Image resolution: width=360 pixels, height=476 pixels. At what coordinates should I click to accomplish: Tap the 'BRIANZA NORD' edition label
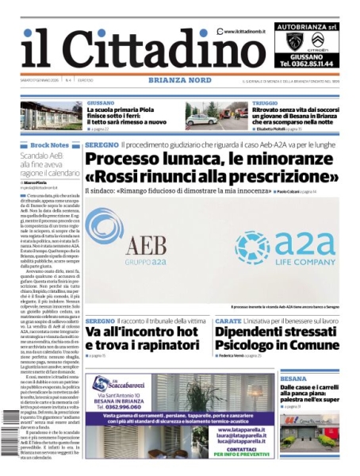[179, 81]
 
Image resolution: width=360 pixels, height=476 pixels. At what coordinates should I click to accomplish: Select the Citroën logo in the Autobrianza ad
[317, 41]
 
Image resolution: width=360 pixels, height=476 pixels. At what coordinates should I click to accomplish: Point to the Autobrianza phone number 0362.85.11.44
[310, 63]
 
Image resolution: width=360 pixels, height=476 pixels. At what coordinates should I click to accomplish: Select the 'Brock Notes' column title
[49, 146]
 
